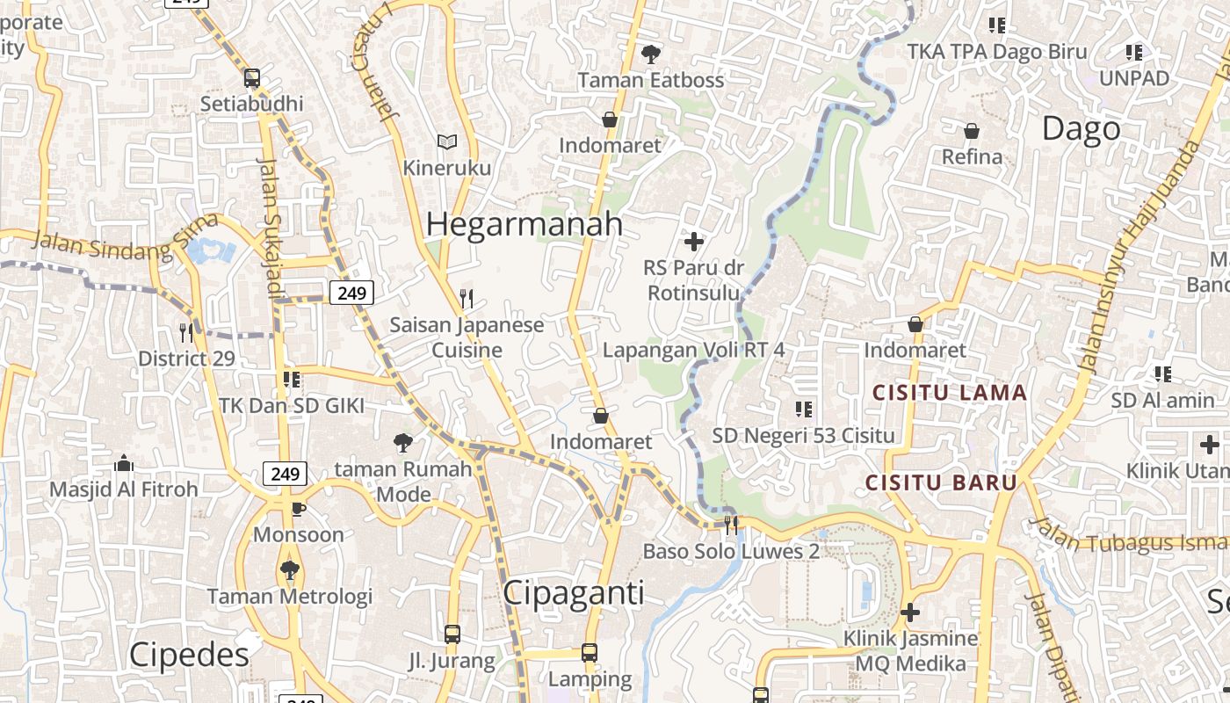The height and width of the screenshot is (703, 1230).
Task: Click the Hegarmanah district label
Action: pos(525,224)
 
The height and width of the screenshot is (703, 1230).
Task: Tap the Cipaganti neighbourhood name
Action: pos(573,593)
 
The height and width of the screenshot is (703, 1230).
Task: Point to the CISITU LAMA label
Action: pos(949,393)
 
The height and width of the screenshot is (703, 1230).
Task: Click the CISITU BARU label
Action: pos(941,482)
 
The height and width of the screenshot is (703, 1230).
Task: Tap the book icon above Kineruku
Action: pos(447,141)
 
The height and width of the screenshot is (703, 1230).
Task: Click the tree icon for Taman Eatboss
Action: pos(650,54)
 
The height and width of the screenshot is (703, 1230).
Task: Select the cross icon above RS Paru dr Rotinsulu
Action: pos(694,241)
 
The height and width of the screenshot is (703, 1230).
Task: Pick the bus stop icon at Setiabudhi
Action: pos(252,78)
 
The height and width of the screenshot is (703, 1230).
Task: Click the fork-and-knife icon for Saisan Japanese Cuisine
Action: pos(467,299)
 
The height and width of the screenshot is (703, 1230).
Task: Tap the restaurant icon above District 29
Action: pos(186,332)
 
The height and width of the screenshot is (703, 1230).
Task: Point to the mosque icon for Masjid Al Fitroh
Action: pos(124,463)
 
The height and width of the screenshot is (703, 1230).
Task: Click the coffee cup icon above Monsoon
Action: pos(299,508)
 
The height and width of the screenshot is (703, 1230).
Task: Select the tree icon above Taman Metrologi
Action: pos(289,570)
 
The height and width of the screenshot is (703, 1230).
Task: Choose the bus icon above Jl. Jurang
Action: pos(452,634)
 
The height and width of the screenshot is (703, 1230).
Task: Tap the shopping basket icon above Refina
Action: pos(972,131)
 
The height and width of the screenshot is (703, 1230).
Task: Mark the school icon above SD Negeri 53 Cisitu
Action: pos(803,409)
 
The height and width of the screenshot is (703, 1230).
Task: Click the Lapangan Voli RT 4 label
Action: pos(693,350)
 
